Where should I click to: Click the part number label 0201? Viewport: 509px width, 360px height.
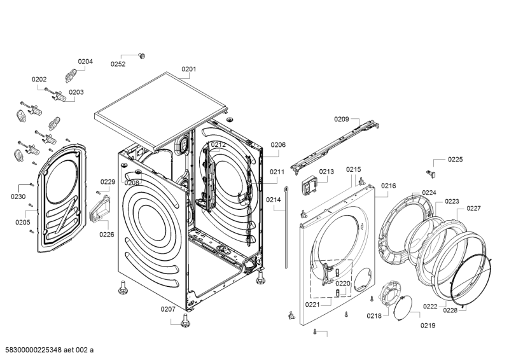(189, 69)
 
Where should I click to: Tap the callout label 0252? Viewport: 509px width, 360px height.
(118, 64)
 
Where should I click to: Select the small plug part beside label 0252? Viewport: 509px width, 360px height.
(142, 56)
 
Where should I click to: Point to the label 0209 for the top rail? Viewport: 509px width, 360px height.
(342, 119)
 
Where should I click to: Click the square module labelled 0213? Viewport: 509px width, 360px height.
(309, 186)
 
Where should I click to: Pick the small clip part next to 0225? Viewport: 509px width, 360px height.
(431, 174)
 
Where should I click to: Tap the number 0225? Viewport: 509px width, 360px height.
(456, 160)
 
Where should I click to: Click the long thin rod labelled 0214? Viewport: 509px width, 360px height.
(286, 227)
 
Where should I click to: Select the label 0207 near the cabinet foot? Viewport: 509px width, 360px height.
(168, 309)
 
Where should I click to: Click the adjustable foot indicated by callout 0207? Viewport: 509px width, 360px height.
(186, 321)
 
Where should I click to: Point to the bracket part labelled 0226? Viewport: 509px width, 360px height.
(99, 209)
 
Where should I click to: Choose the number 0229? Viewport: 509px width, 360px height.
(108, 182)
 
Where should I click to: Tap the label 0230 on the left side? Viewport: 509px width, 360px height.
(18, 197)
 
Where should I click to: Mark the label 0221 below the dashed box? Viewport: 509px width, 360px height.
(312, 305)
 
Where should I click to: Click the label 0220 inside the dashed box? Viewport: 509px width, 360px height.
(343, 284)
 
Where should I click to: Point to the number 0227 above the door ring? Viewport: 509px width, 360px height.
(474, 209)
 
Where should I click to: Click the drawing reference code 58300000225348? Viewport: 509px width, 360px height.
(34, 350)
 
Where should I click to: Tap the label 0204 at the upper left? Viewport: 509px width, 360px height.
(85, 62)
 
